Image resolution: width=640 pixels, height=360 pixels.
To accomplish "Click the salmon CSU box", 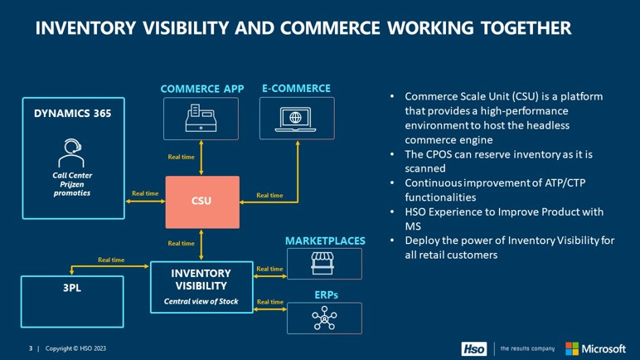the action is (x=202, y=202).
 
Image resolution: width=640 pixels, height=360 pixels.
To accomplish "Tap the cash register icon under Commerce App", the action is (x=201, y=118).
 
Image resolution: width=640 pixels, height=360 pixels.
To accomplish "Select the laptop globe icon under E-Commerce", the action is (x=295, y=119).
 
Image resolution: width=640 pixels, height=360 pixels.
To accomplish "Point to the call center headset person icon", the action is (x=71, y=153).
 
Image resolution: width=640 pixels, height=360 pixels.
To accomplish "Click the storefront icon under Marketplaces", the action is (x=322, y=263).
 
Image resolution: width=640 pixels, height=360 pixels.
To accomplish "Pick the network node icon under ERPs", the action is (x=324, y=318).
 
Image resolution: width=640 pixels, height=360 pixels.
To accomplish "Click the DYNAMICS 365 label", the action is (x=73, y=114).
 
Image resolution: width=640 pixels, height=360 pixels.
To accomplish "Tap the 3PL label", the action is (x=72, y=288).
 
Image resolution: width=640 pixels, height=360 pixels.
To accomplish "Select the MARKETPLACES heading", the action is (x=325, y=241).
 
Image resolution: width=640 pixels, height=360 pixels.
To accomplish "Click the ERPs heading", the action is (x=326, y=295).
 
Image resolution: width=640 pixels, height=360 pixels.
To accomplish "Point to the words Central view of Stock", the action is (x=201, y=302).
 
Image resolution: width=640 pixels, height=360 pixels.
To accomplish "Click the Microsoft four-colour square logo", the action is (x=572, y=348).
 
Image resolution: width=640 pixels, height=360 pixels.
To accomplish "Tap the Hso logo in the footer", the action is (x=474, y=349).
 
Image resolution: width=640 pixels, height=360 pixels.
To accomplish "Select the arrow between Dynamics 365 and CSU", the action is (x=145, y=201).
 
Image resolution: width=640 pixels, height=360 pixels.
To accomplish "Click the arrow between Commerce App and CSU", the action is (x=201, y=158).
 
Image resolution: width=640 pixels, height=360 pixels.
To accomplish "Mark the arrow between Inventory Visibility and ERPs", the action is (x=270, y=309).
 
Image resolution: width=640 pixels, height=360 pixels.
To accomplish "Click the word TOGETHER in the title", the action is (x=526, y=28).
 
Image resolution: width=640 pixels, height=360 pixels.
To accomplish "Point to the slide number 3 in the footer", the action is (x=31, y=348).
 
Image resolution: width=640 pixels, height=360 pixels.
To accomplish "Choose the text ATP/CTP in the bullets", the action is (x=565, y=182).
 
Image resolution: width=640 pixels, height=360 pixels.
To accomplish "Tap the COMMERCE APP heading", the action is (x=202, y=89).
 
